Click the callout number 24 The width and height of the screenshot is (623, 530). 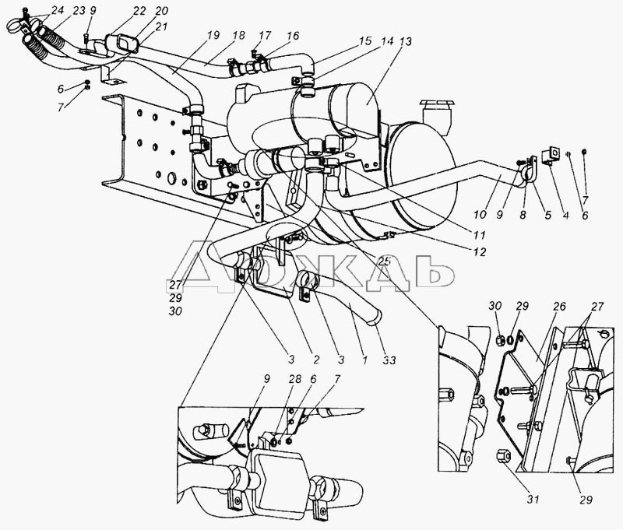pyautogui.click(x=57, y=10)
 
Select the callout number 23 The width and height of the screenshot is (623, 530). pyautogui.click(x=79, y=10)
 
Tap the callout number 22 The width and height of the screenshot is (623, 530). pyautogui.click(x=139, y=11)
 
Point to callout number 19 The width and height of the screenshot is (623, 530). pyautogui.click(x=213, y=35)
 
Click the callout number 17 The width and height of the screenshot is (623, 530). pyautogui.click(x=265, y=35)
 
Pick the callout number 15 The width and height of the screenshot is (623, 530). pyautogui.click(x=364, y=40)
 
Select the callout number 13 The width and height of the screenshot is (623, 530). pyautogui.click(x=406, y=41)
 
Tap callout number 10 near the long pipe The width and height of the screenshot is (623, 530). pyautogui.click(x=480, y=215)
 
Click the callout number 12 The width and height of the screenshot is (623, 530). pyautogui.click(x=480, y=251)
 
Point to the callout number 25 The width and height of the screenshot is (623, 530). pyautogui.click(x=384, y=261)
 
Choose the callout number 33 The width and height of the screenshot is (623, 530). pyautogui.click(x=389, y=360)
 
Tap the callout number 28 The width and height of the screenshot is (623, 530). pyautogui.click(x=294, y=379)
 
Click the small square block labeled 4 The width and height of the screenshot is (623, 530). pyautogui.click(x=551, y=154)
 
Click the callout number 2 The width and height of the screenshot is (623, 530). pyautogui.click(x=316, y=360)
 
